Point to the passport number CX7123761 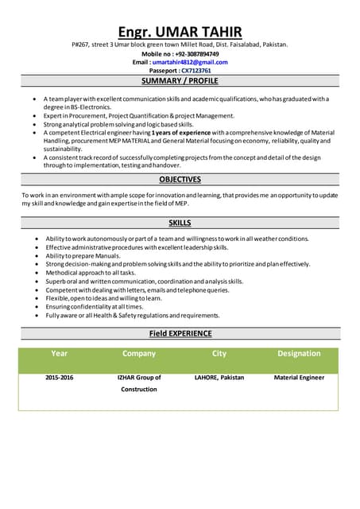(x=195, y=71)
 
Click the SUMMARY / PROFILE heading (x=180, y=81)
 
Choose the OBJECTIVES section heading (x=180, y=180)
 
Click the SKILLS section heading (x=180, y=223)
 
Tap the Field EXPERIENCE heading (x=180, y=333)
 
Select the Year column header (x=59, y=353)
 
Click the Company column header (x=139, y=353)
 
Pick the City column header (x=219, y=353)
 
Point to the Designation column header (x=299, y=353)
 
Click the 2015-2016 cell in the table (x=59, y=378)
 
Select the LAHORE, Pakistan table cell (x=219, y=378)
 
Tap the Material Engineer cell (x=299, y=378)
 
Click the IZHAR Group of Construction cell (x=139, y=383)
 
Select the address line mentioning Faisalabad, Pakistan (x=180, y=45)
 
